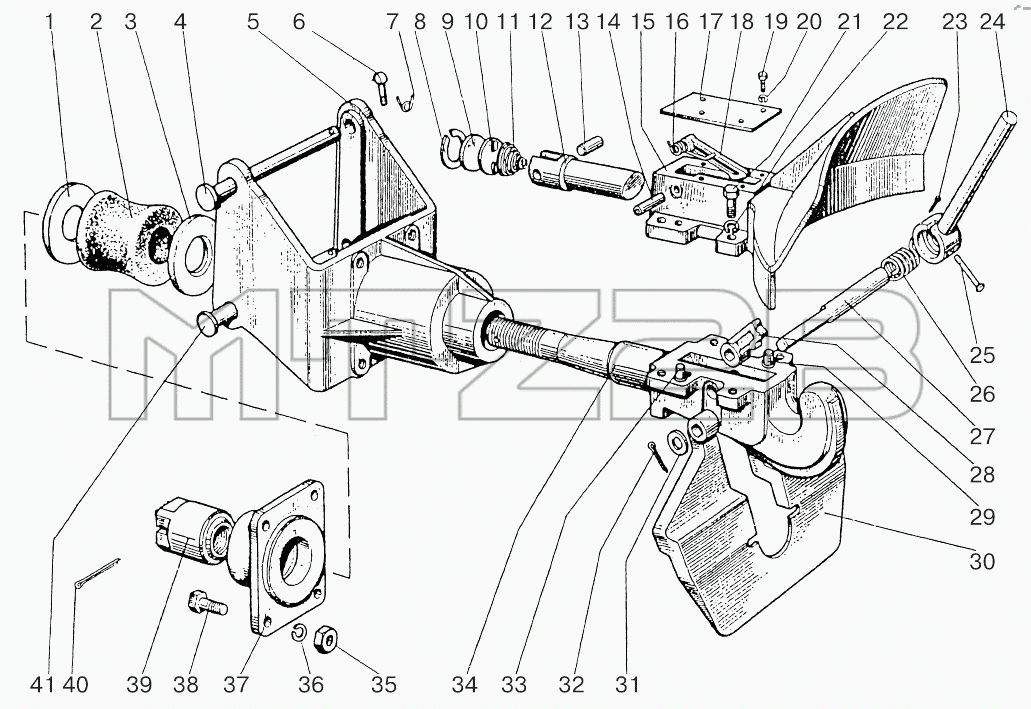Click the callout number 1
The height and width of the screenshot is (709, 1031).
[49, 22]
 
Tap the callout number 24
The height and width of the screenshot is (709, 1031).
[992, 22]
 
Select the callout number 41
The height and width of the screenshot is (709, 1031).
[43, 684]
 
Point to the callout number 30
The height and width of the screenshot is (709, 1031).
[982, 561]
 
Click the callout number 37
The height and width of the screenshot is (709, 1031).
[236, 684]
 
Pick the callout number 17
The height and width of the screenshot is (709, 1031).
[710, 22]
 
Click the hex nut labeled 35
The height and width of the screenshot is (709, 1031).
[327, 638]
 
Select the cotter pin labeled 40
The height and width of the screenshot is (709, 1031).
[97, 572]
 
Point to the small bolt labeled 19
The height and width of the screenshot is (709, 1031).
[763, 80]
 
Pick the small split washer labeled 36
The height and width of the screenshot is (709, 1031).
[298, 633]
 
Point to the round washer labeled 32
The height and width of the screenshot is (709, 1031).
[677, 442]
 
